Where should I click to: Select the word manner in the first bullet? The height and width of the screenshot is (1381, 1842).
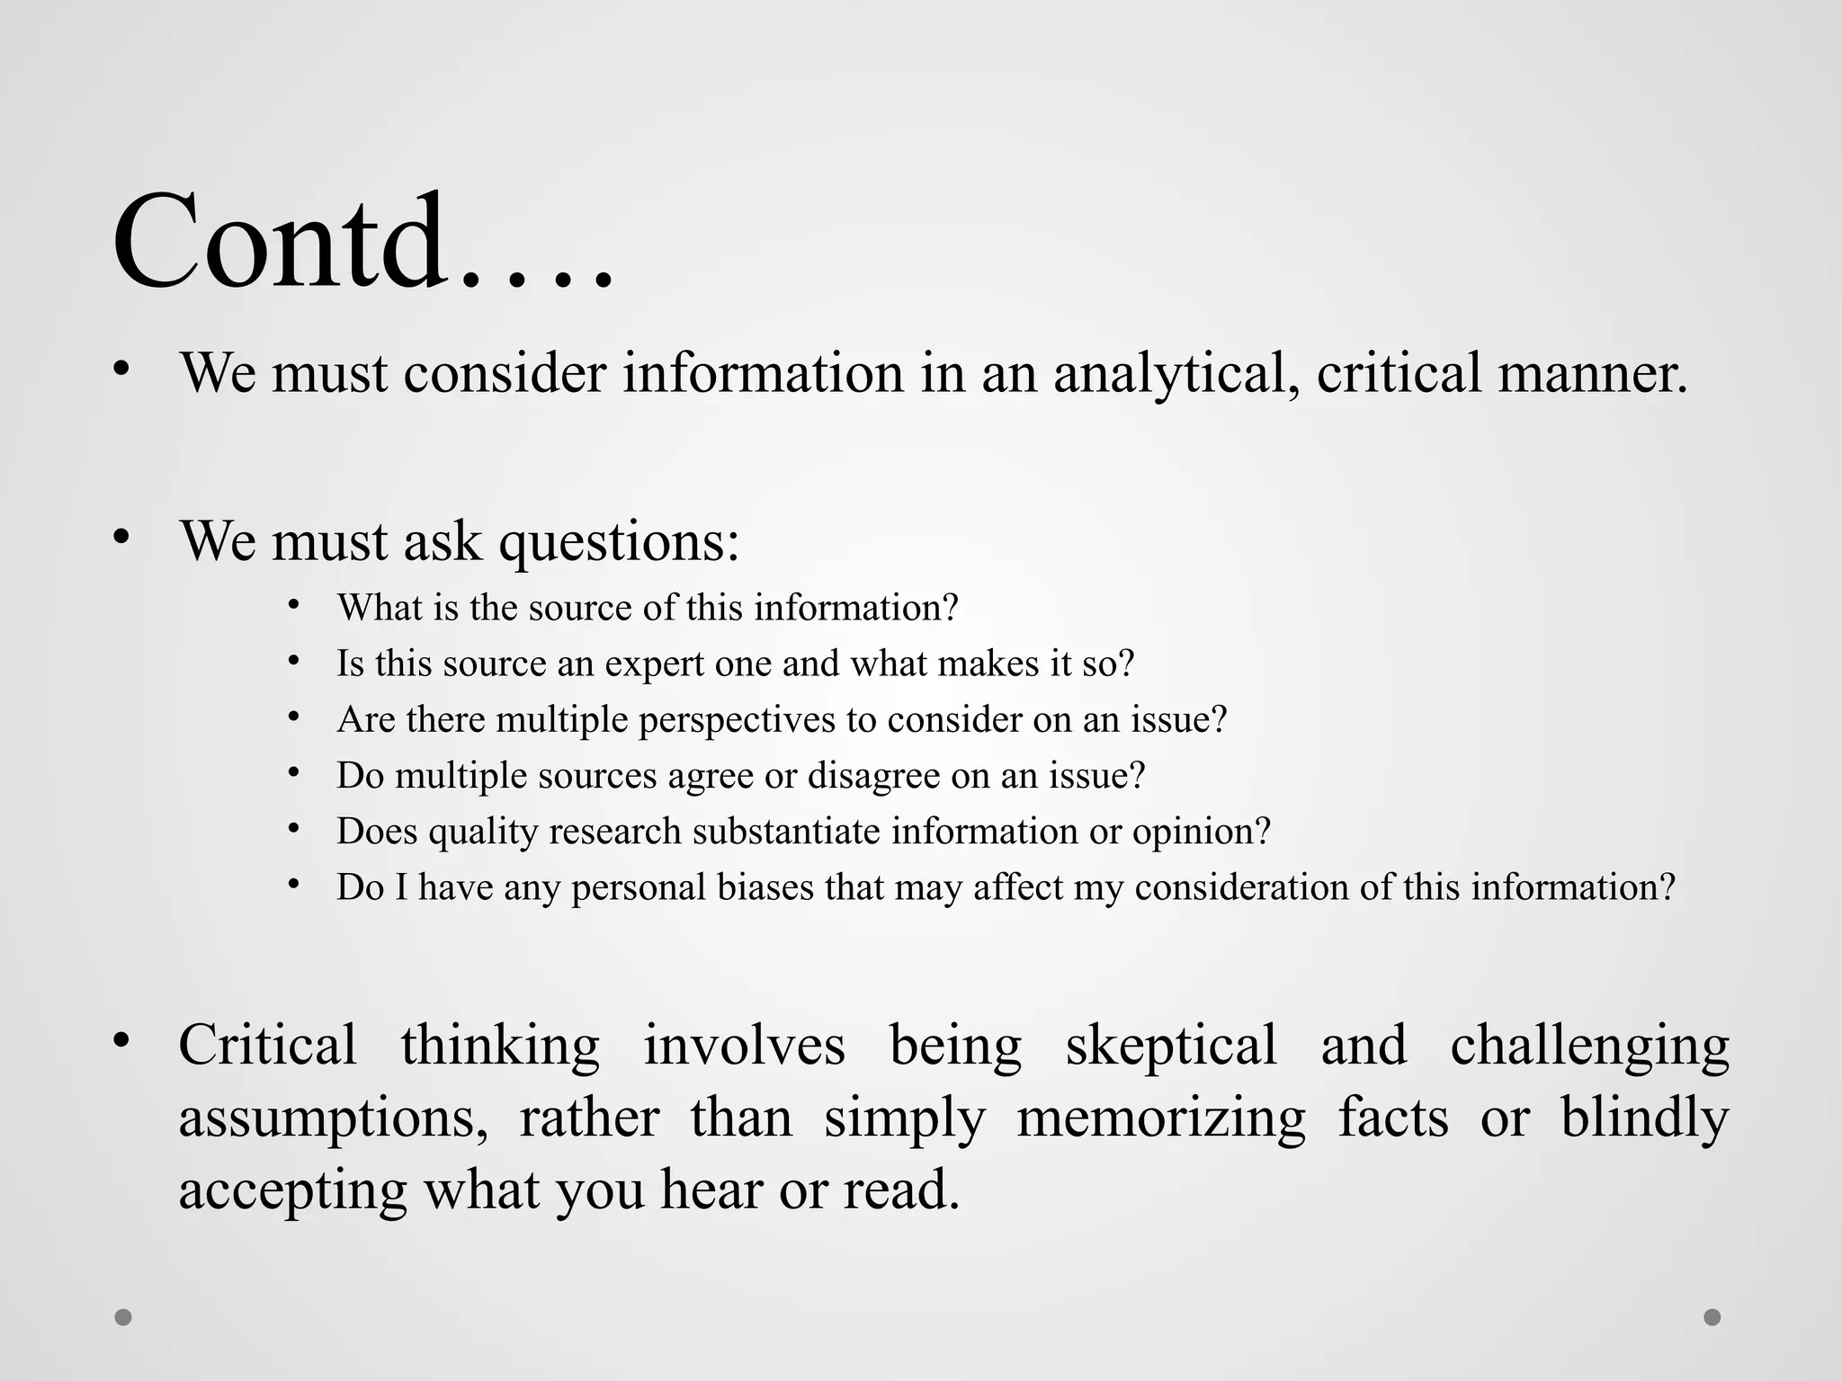[x=1593, y=372]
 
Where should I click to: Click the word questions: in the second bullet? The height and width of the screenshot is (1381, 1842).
[x=619, y=541]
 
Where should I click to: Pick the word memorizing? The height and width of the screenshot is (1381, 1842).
[x=1160, y=1118]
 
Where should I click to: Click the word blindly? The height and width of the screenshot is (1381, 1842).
[x=1644, y=1118]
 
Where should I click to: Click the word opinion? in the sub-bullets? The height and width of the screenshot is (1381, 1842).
[x=1201, y=832]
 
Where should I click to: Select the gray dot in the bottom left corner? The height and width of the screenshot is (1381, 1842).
[x=123, y=1317]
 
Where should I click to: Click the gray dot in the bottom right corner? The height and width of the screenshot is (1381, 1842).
[x=1712, y=1317]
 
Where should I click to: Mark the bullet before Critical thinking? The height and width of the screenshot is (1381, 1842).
[x=122, y=1041]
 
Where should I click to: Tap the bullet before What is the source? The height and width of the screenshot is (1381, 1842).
[x=293, y=605]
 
